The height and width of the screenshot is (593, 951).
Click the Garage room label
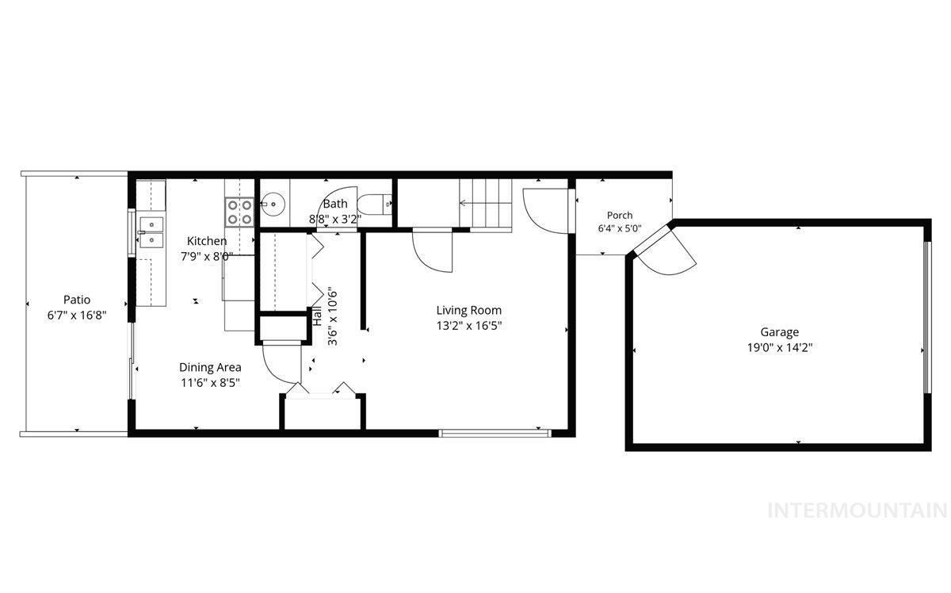(780, 332)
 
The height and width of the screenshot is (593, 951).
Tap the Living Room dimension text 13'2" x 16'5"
(469, 326)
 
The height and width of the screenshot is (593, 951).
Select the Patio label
(77, 300)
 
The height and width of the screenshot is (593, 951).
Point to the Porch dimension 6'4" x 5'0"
(620, 228)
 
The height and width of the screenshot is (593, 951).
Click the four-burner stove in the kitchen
(240, 212)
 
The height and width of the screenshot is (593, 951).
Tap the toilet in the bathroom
(374, 205)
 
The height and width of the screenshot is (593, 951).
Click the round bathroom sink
(273, 205)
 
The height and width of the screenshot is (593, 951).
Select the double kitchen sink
(151, 232)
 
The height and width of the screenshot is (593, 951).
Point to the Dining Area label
(210, 367)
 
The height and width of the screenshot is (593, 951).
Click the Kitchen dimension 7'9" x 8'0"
(207, 257)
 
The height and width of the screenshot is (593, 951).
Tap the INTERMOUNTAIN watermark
(857, 511)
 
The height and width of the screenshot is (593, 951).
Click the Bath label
(335, 204)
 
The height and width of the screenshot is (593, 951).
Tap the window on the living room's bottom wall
(495, 434)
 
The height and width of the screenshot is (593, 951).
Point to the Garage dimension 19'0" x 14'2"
(780, 348)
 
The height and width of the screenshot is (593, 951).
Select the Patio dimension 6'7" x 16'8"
(77, 316)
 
